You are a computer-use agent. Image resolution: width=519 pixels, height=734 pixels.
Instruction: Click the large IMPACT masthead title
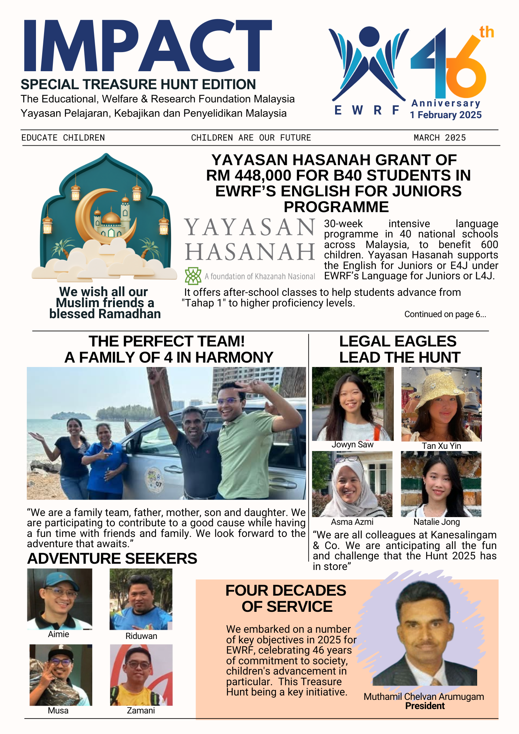coord(147,46)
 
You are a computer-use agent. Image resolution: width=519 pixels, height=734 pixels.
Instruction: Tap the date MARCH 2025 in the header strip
coord(439,138)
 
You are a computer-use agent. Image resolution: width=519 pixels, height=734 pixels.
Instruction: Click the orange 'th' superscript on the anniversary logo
coord(486,32)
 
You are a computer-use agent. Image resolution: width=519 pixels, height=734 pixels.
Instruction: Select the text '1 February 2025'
coord(446,115)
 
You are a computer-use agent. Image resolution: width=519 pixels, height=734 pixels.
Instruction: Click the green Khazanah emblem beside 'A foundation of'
coord(193,276)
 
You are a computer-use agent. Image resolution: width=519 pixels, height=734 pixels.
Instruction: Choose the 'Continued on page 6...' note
coord(445,314)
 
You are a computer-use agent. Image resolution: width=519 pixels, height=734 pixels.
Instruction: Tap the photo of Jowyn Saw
coord(352,404)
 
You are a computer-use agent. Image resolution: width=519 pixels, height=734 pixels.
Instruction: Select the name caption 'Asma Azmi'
coord(352,522)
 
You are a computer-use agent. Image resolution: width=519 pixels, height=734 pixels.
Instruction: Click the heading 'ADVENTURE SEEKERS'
coord(112,559)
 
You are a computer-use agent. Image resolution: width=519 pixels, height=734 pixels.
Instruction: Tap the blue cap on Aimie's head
coord(59,580)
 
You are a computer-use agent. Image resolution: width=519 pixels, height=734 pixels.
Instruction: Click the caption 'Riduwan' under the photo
coord(141,636)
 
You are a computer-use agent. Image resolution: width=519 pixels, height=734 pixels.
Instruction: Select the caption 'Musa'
coord(58,711)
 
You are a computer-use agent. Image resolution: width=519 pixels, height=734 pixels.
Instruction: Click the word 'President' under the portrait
coord(425,706)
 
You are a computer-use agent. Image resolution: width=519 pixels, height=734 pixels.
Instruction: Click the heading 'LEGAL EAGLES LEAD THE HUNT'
coord(399,349)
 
